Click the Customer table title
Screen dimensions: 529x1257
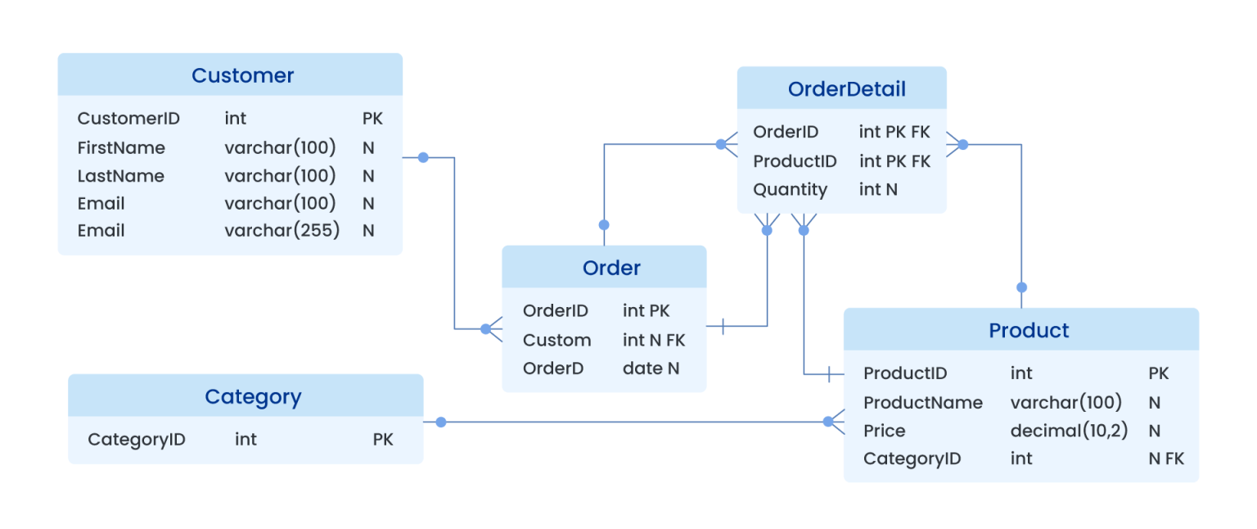click(242, 75)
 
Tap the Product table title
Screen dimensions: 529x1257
click(1029, 330)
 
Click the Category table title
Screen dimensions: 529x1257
click(253, 396)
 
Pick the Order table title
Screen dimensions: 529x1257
click(611, 268)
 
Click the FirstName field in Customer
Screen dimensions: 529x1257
click(121, 147)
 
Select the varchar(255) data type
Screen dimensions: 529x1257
click(282, 230)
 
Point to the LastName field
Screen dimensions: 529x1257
click(120, 175)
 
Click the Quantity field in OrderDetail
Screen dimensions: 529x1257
click(790, 189)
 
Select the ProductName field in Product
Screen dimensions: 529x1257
click(922, 402)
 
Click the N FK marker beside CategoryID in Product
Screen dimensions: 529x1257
click(1165, 458)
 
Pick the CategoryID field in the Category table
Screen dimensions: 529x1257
click(137, 439)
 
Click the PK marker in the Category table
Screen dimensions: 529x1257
click(383, 439)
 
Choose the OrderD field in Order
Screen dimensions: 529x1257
click(553, 368)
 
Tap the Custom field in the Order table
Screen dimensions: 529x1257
click(556, 340)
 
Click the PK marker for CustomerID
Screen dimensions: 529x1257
click(372, 118)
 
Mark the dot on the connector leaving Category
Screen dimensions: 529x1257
click(441, 422)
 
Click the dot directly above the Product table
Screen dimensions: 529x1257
click(1021, 287)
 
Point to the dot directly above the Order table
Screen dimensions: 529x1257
click(604, 224)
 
